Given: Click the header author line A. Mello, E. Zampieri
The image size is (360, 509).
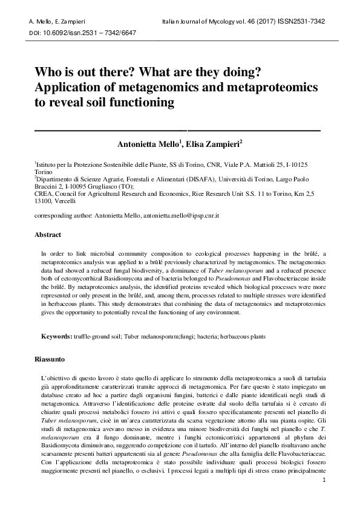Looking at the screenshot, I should pos(54,21).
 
